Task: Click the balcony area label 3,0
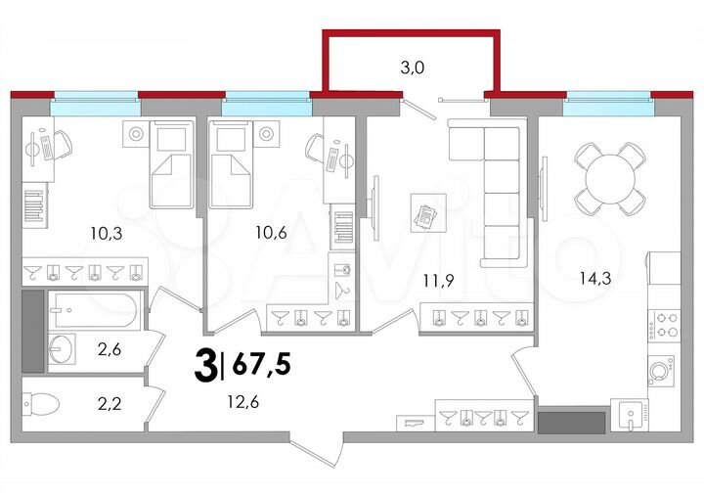(410, 68)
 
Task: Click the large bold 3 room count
(206, 367)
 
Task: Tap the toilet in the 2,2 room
(43, 403)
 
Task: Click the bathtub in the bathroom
(96, 311)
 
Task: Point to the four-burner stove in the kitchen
(666, 324)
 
